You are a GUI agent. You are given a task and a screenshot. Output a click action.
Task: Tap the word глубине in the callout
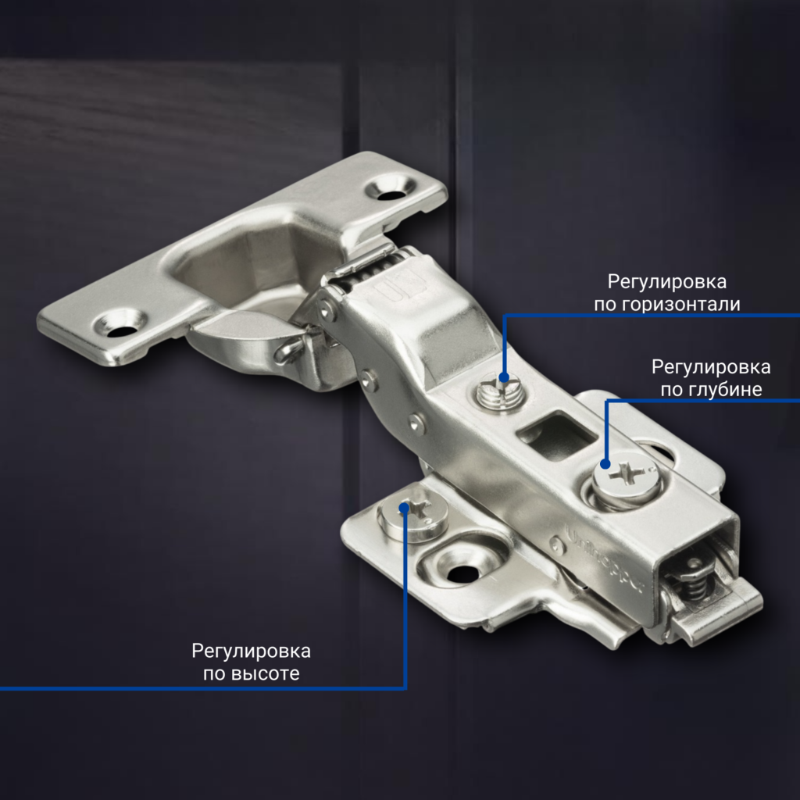722,389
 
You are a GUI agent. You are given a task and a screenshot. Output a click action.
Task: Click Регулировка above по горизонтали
667,281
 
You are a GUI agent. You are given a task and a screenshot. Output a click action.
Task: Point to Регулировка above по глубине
711,366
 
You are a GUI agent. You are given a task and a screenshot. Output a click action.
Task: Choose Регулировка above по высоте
252,651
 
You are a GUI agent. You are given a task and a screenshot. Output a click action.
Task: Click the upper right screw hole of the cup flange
391,188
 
